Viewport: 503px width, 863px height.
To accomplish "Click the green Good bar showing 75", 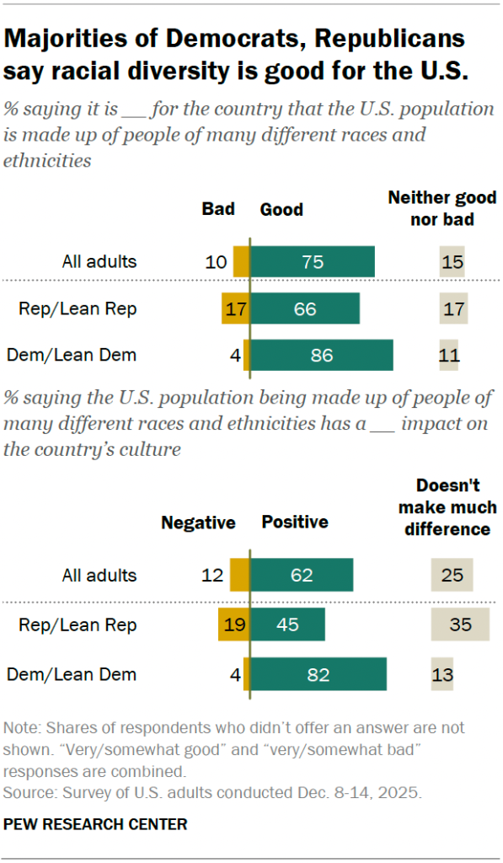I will (313, 262).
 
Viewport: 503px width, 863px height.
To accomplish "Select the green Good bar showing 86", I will (322, 356).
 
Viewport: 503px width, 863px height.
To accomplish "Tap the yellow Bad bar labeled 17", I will (233, 309).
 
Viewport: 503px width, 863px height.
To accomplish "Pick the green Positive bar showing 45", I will (287, 625).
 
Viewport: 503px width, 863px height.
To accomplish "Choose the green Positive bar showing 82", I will (318, 674).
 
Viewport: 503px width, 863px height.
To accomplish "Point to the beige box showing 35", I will (459, 625).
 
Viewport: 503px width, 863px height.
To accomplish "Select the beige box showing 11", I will (448, 356).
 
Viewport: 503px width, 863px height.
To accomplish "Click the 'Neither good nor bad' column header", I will (441, 208).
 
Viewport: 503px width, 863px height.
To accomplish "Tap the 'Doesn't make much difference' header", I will (447, 508).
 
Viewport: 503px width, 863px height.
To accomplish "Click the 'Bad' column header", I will (217, 209).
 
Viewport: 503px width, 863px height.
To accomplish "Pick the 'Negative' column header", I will (198, 523).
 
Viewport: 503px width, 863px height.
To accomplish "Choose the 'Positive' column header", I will (295, 523).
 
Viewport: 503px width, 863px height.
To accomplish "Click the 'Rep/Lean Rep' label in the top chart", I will (78, 309).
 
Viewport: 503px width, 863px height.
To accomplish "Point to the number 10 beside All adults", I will (217, 262).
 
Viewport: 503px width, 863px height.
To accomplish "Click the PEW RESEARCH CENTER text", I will (95, 823).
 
